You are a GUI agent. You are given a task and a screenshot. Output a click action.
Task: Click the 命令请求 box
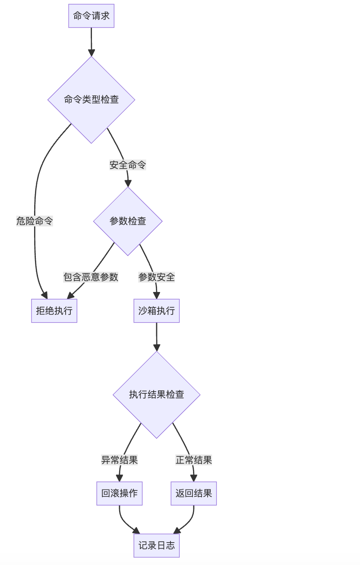pyautogui.click(x=91, y=16)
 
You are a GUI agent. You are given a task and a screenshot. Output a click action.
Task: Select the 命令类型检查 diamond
pyautogui.click(x=91, y=100)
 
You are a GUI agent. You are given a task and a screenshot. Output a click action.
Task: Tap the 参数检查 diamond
pyautogui.click(x=128, y=221)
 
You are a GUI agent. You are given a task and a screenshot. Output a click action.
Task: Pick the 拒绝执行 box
pyautogui.click(x=54, y=311)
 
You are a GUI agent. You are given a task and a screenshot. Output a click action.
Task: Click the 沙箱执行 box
pyautogui.click(x=156, y=311)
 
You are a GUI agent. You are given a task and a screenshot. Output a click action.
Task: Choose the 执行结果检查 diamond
pyautogui.click(x=156, y=395)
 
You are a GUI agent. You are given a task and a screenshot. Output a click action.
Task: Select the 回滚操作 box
pyautogui.click(x=119, y=493)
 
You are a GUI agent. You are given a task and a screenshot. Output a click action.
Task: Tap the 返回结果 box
pyautogui.click(x=194, y=493)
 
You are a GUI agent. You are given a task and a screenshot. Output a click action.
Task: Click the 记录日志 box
pyautogui.click(x=156, y=546)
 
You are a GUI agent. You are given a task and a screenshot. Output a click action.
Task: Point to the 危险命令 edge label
pyautogui.click(x=35, y=221)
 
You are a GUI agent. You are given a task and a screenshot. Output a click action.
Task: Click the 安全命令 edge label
pyautogui.click(x=128, y=165)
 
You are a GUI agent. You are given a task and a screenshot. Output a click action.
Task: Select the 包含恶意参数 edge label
pyautogui.click(x=91, y=277)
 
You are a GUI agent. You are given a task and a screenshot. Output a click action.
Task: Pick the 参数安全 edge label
pyautogui.click(x=156, y=277)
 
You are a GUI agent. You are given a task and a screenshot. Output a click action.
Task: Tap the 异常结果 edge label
pyautogui.click(x=119, y=460)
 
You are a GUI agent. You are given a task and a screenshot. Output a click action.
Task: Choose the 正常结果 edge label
pyautogui.click(x=194, y=460)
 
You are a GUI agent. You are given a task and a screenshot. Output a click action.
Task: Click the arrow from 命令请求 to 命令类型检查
pyautogui.click(x=91, y=41)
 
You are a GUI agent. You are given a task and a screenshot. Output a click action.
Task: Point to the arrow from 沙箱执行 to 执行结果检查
pyautogui.click(x=156, y=336)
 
